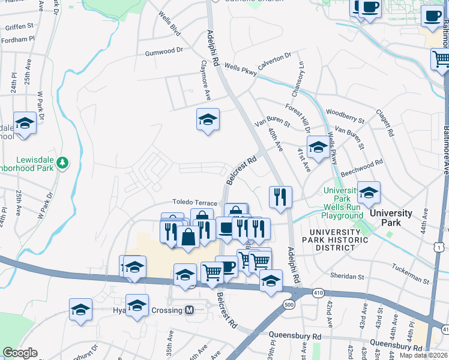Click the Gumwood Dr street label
tap(163, 52)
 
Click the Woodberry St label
tap(345, 112)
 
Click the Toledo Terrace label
tap(195, 203)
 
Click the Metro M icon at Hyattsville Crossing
tap(190, 310)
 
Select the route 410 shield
tap(318, 292)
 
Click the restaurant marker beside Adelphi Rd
tap(280, 196)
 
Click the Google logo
tap(20, 353)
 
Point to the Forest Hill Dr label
tap(298, 119)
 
